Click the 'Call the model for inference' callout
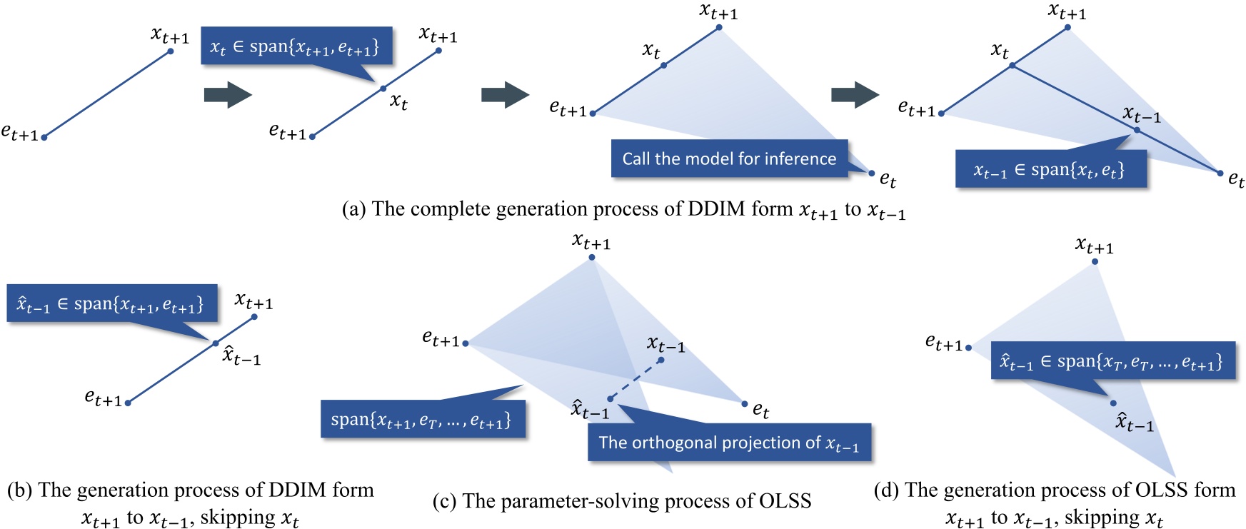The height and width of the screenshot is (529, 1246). [729, 158]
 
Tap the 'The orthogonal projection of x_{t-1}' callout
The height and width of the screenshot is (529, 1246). [729, 443]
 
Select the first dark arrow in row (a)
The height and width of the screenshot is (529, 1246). [228, 95]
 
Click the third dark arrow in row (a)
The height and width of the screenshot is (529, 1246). [855, 95]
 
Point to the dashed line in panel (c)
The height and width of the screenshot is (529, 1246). [635, 380]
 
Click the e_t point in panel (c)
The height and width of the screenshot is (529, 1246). [745, 404]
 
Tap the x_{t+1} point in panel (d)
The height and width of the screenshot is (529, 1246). [1095, 262]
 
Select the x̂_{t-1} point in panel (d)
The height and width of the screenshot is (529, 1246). [1113, 403]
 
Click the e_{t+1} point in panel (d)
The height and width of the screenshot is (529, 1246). [968, 348]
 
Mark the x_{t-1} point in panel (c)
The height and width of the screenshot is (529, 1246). [661, 360]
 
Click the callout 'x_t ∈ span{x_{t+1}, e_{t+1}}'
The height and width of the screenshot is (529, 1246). [296, 46]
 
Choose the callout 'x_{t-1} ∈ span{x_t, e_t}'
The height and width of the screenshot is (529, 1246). [1050, 169]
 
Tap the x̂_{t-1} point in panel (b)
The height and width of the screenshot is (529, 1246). [216, 344]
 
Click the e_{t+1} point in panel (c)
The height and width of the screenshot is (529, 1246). [466, 343]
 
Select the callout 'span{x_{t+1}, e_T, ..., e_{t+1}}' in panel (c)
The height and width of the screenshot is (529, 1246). [423, 419]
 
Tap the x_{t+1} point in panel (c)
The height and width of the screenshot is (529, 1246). [592, 258]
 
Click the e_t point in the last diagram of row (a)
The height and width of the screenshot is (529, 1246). [1220, 173]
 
